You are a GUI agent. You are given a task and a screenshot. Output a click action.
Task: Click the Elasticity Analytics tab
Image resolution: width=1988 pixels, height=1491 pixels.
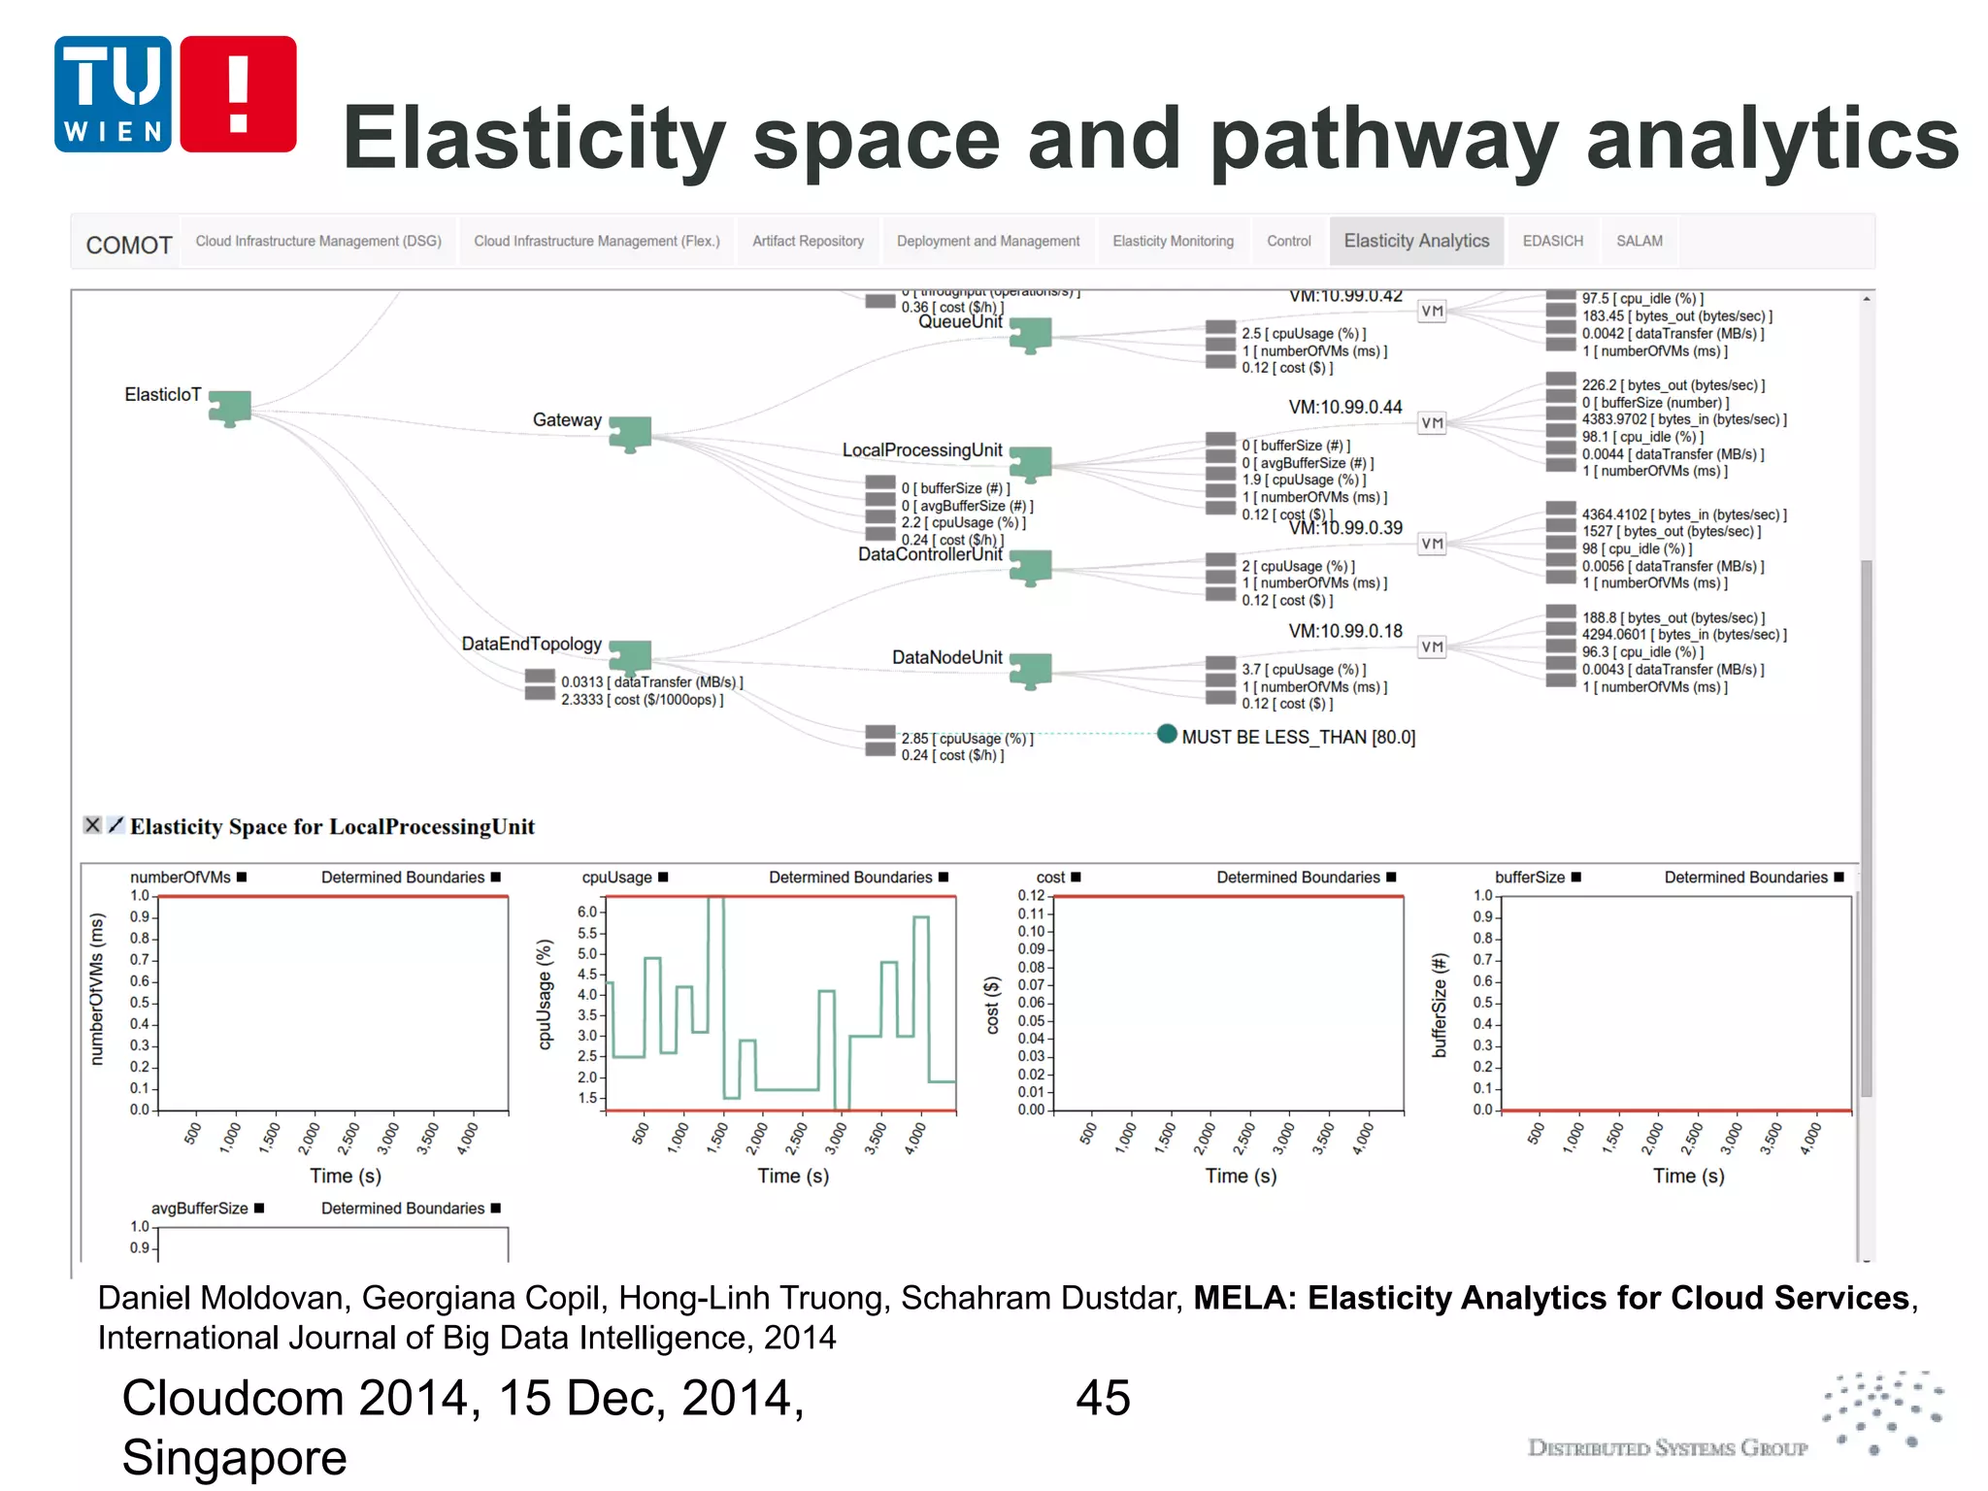pyautogui.click(x=1415, y=241)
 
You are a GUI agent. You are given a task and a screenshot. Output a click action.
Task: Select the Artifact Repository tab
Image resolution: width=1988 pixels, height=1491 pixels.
pyautogui.click(x=808, y=241)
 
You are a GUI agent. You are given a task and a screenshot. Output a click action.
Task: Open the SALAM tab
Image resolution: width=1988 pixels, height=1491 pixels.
pyautogui.click(x=1639, y=241)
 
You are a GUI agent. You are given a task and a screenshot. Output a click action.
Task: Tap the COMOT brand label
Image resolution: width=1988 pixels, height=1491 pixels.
pyautogui.click(x=129, y=245)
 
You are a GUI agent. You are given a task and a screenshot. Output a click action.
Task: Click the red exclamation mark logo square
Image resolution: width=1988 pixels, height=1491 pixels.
pyautogui.click(x=238, y=94)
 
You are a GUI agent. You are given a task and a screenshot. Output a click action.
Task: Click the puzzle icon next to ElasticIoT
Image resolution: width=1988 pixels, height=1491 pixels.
pyautogui.click(x=230, y=407)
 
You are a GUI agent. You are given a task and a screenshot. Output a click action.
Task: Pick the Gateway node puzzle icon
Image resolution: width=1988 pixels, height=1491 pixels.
pyautogui.click(x=630, y=433)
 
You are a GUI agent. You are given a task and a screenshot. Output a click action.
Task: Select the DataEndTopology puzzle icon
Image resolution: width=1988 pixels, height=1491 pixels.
pyautogui.click(x=630, y=657)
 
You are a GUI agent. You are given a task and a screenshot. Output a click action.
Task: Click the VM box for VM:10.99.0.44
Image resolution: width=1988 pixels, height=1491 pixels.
pyautogui.click(x=1432, y=422)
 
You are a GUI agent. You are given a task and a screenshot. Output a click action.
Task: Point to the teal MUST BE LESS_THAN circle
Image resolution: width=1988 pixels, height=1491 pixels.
pyautogui.click(x=1167, y=734)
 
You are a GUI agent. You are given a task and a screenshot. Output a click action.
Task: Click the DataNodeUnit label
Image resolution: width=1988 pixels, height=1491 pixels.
pyautogui.click(x=946, y=657)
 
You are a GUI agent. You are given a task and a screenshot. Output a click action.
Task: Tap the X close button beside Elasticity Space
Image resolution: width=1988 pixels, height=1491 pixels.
pyautogui.click(x=92, y=825)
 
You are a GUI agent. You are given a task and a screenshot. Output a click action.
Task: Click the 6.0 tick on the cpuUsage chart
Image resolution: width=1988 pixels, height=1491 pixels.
pyautogui.click(x=587, y=911)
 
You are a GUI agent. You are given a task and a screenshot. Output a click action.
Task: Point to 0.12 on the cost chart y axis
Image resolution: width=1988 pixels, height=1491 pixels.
pyautogui.click(x=1031, y=895)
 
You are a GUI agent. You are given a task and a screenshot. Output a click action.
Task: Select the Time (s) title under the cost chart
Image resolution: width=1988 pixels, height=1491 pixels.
pyautogui.click(x=1241, y=1176)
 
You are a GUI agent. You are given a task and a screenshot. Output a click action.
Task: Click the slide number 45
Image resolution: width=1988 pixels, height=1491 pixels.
pyautogui.click(x=1103, y=1398)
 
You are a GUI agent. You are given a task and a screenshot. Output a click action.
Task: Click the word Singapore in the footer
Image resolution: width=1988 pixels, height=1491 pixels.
pyautogui.click(x=234, y=1457)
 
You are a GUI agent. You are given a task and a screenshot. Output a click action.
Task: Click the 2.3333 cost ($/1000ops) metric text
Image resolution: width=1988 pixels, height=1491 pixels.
pyautogui.click(x=642, y=699)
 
